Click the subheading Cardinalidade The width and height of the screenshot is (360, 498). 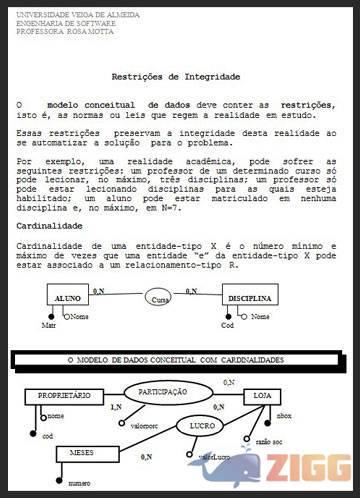(x=51, y=226)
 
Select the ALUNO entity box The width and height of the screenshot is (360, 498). (x=68, y=299)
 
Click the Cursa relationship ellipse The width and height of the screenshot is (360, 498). (x=158, y=298)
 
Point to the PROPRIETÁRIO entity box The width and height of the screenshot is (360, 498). (x=63, y=396)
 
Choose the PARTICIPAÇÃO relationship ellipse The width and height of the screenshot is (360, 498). (x=163, y=391)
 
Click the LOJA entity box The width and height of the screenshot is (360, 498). (x=264, y=396)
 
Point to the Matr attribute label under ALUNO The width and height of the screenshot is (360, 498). (x=48, y=326)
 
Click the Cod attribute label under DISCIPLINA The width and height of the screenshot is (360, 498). (x=227, y=326)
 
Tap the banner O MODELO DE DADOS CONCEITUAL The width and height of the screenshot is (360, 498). (x=174, y=358)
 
